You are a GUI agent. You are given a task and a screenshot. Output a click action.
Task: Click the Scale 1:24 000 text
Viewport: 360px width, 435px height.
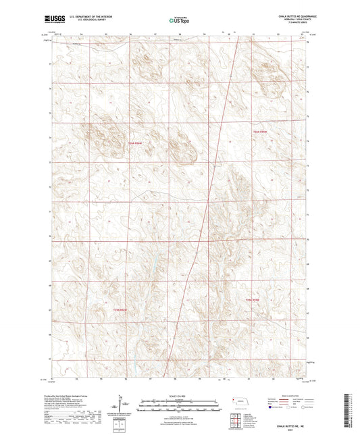[x=179, y=394]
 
